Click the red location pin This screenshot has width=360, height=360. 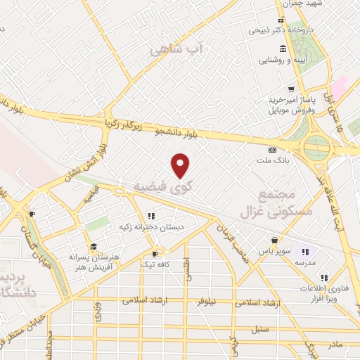click(x=181, y=166)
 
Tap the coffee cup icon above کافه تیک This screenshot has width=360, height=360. click(x=155, y=252)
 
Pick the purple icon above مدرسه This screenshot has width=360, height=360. click(x=305, y=251)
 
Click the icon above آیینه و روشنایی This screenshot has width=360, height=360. click(x=283, y=48)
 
